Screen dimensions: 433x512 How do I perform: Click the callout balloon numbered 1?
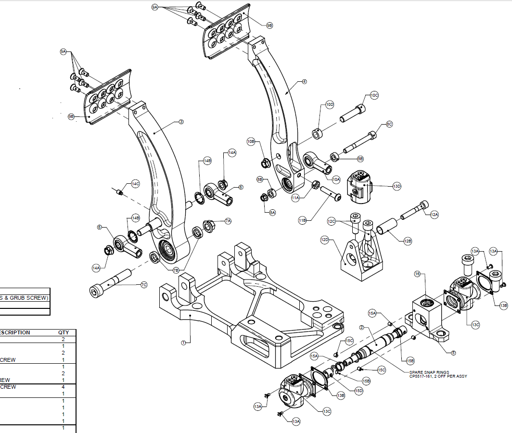pos(183,343)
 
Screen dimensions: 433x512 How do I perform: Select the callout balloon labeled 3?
pos(181,122)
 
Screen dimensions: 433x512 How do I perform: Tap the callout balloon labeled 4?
pos(304,82)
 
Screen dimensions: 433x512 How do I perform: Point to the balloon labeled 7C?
pos(144,285)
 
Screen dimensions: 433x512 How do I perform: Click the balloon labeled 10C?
pos(374,95)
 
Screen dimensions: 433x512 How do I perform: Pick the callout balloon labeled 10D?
pos(330,104)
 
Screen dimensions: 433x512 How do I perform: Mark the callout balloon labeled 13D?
pos(397,186)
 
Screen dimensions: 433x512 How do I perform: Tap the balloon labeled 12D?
pos(324,239)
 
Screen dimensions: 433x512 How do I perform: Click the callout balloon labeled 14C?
pos(135,184)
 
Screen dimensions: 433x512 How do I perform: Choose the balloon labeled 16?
pos(418,274)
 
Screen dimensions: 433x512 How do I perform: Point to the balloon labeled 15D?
pos(358,391)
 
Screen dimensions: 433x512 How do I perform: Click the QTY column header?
pos(64,332)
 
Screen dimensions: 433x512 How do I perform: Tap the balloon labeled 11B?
pos(302,221)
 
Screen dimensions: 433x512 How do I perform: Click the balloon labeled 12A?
pos(434,215)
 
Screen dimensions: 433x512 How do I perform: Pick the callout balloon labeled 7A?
pos(228,221)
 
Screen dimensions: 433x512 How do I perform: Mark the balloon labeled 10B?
pos(251,141)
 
